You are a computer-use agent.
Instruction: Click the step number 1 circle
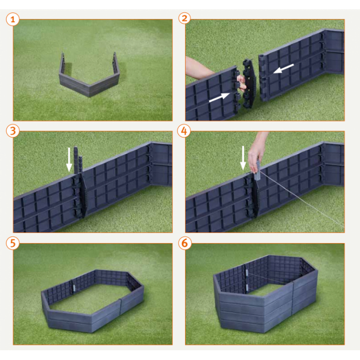tap(12, 19)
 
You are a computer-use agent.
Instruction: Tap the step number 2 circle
tap(185, 18)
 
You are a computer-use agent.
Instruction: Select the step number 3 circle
tap(12, 131)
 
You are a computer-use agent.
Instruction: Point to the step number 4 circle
tap(184, 131)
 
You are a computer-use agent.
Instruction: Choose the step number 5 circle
tap(12, 243)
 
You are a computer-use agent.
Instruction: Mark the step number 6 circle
tap(185, 243)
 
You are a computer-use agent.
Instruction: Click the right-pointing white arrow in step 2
tap(219, 97)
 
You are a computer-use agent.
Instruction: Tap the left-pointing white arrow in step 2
tap(283, 68)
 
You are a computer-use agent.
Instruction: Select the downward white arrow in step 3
tap(69, 160)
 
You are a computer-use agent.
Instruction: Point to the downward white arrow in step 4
tap(243, 158)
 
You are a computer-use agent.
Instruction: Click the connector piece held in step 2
tap(249, 83)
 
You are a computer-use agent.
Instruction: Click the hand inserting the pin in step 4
tap(256, 156)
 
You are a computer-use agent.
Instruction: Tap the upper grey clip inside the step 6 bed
tap(246, 273)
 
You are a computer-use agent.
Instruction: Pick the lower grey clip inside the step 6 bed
tap(246, 287)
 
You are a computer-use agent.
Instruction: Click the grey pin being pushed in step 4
tap(257, 170)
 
